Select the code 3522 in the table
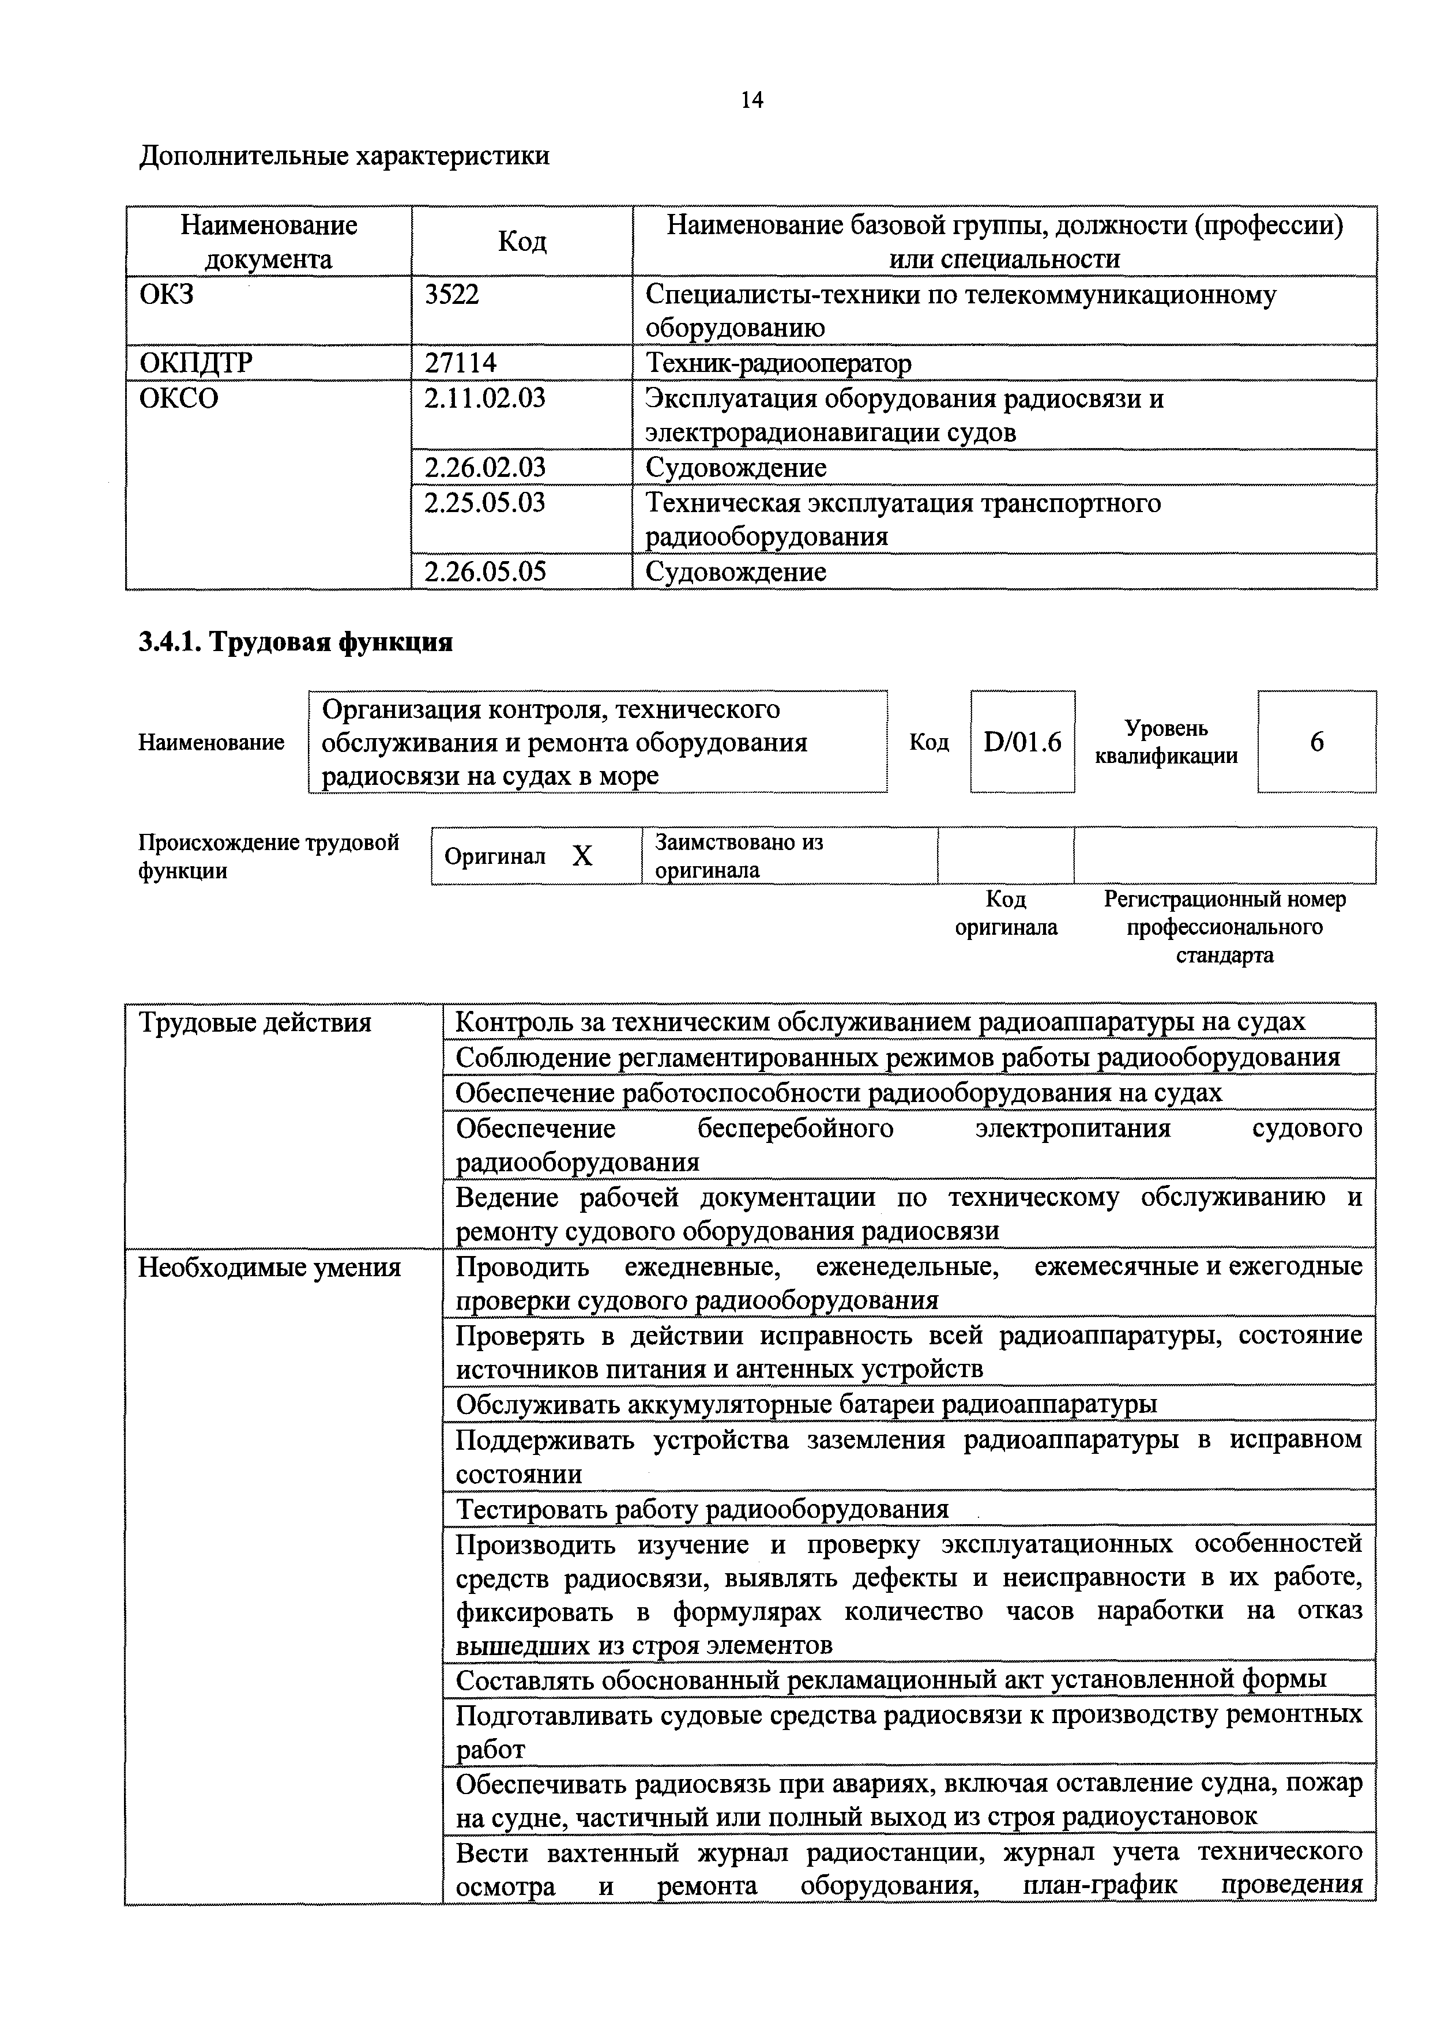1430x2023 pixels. tap(452, 294)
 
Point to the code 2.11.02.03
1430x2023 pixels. tap(484, 398)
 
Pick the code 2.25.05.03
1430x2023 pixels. tap(484, 502)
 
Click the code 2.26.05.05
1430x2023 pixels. tap(484, 572)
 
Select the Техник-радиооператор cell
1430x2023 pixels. tap(778, 363)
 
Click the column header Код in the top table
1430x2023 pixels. tap(522, 242)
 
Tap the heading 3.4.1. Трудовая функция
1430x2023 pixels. tap(295, 642)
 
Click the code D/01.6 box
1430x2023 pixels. tap(1022, 742)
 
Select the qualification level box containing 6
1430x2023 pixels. tap(1316, 742)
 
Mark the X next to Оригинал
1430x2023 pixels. tap(582, 856)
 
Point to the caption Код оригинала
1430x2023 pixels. tap(1006, 913)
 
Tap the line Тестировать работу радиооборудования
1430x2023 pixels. tap(702, 1509)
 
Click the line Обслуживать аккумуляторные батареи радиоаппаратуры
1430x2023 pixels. tap(806, 1404)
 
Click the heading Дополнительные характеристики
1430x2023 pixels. tap(344, 156)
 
